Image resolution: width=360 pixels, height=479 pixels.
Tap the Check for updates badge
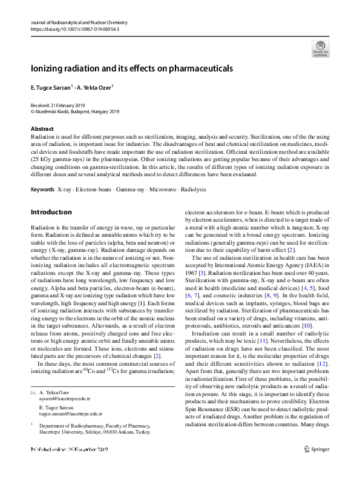(x=320, y=48)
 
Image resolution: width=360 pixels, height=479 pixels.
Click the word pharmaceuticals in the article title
(x=198, y=69)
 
